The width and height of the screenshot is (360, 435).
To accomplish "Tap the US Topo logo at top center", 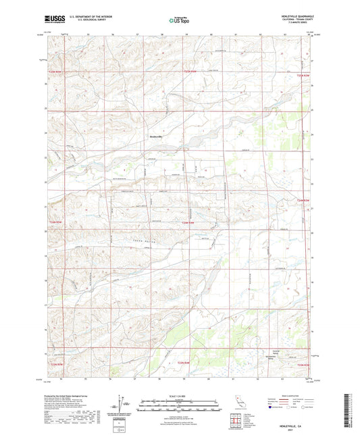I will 180,21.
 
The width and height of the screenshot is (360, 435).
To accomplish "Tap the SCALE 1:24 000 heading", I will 180,394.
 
